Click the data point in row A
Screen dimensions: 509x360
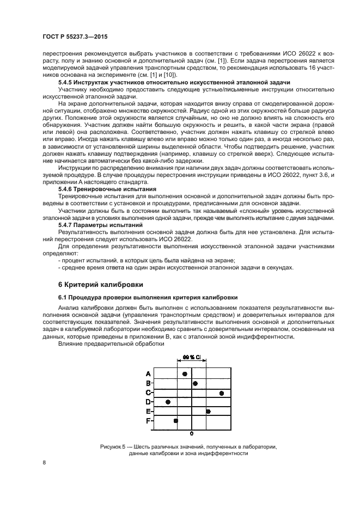coord(185,374)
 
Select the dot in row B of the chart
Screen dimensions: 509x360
coord(195,383)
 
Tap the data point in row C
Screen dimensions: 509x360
coord(222,393)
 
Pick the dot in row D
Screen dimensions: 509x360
coord(168,402)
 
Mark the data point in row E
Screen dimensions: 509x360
coord(208,411)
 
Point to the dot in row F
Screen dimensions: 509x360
coord(175,420)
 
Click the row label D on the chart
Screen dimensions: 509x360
coord(148,402)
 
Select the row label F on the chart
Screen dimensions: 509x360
coord(148,420)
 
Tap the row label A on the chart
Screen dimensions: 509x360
coord(148,374)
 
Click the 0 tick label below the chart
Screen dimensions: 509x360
coord(192,434)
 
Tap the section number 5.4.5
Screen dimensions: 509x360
coord(66,82)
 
